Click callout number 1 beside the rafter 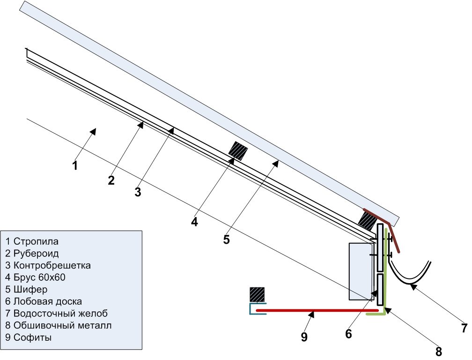tap(75, 165)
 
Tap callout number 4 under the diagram tap(194, 222)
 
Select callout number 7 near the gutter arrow tap(465, 328)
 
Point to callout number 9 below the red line tap(304, 337)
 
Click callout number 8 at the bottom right tap(439, 351)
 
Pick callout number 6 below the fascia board tap(348, 334)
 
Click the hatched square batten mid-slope tap(238, 150)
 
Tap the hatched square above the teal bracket tap(257, 295)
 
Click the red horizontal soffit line tap(317, 310)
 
